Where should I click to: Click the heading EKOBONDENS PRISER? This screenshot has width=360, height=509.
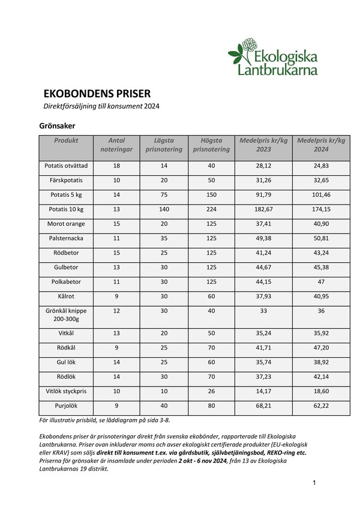click(97, 94)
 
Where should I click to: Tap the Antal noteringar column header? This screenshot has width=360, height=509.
click(116, 145)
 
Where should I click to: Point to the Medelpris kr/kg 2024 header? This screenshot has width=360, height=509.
click(322, 145)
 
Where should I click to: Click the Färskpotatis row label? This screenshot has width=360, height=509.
click(66, 180)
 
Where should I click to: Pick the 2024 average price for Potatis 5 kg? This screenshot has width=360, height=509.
click(322, 195)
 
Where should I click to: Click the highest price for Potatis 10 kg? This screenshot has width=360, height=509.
click(211, 209)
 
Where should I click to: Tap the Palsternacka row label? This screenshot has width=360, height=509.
click(66, 238)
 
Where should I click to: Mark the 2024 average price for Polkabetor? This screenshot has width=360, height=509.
click(322, 282)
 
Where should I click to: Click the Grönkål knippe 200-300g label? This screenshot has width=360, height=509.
click(66, 315)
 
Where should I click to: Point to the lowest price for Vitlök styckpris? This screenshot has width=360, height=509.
click(164, 391)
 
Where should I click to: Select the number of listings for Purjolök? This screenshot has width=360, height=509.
click(116, 406)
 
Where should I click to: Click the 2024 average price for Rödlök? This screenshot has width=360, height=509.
click(322, 377)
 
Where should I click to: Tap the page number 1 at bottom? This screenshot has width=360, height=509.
click(314, 483)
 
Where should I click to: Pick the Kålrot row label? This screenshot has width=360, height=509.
click(66, 296)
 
